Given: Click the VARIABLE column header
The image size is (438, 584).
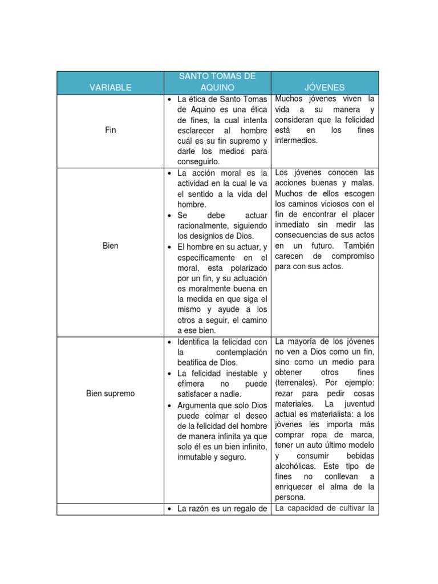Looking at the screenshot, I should click(x=110, y=87).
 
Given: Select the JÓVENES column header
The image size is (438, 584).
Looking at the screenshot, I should click(x=325, y=87).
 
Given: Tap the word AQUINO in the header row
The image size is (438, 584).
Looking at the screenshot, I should click(x=217, y=87).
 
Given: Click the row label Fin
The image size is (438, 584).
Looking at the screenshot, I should click(x=111, y=130).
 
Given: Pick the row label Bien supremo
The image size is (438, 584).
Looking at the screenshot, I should click(x=111, y=394).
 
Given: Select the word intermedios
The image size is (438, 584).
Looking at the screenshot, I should click(x=296, y=140).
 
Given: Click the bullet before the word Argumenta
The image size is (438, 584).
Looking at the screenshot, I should click(x=170, y=405).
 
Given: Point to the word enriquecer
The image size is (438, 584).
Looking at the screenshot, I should click(x=296, y=486).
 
